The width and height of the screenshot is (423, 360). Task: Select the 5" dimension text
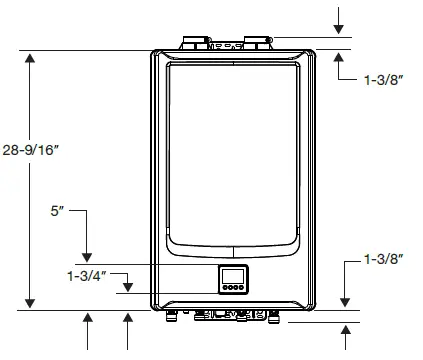tap(58, 212)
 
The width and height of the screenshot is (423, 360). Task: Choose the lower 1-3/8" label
tap(384, 259)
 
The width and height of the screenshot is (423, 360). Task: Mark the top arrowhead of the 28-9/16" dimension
tap(31, 58)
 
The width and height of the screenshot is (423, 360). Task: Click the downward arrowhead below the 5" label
tap(88, 257)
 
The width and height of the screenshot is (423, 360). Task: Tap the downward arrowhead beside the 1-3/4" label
tap(127, 289)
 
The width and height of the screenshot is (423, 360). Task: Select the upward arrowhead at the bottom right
tap(344, 333)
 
